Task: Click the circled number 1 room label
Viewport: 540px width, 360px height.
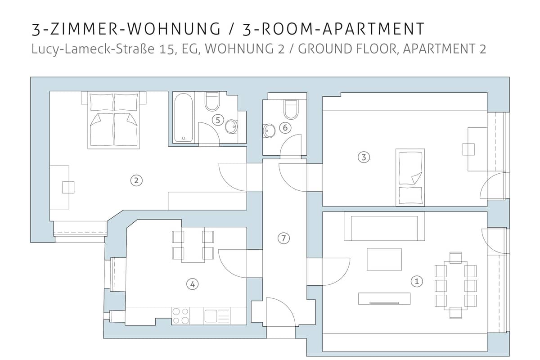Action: pos(417,281)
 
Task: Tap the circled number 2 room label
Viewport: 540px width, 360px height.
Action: pos(136,180)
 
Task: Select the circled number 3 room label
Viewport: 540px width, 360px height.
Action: pos(364,157)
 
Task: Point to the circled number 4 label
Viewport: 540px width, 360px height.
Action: pos(193,284)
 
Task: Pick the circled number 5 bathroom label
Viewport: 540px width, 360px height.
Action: pos(218,120)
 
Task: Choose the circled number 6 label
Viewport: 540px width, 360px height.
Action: pos(285,127)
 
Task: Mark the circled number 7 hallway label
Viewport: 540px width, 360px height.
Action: pos(283,238)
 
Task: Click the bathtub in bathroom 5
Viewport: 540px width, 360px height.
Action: pos(184,117)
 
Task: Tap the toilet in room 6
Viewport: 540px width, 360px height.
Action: pos(292,109)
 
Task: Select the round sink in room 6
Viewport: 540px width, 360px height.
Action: pos(269,131)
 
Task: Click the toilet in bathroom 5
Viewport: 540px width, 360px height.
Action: pos(212,101)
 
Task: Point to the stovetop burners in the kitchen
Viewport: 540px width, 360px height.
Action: pos(180,316)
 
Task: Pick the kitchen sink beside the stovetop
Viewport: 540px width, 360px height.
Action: pos(217,316)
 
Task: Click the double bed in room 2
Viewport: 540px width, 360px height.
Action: pos(113,120)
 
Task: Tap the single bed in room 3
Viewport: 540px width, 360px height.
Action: pos(410,177)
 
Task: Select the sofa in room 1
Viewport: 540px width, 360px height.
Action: pos(384,226)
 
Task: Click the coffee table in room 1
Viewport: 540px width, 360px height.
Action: pos(384,260)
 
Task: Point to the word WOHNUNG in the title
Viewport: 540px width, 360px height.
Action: pos(174,29)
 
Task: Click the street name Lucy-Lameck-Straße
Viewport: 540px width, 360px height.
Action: pos(93,49)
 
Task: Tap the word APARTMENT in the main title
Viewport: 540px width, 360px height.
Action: pos(373,29)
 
